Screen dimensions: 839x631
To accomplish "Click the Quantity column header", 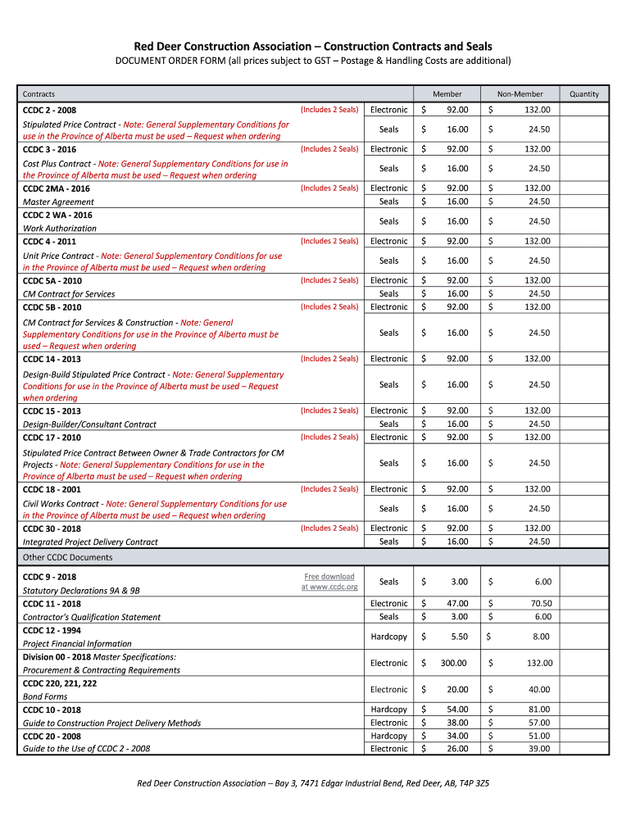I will point(583,94).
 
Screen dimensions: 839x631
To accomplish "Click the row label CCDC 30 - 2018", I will point(52,528).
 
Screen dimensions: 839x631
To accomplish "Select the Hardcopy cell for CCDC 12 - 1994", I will point(388,637).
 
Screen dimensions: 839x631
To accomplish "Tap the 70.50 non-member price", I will point(540,603).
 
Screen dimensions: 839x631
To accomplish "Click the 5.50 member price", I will point(459,637).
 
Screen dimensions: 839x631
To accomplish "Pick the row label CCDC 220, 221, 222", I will point(60,683).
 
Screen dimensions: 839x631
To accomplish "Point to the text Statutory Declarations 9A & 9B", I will point(81,591).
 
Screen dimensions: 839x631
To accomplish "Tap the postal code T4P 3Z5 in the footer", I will point(473,783).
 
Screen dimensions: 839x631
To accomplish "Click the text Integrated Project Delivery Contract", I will point(90,542).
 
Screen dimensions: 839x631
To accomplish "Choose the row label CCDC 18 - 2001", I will point(52,489).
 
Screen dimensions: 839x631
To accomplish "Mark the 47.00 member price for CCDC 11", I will point(457,603).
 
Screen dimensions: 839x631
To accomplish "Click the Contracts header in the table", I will point(39,94).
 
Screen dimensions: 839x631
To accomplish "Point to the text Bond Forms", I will point(45,696).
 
